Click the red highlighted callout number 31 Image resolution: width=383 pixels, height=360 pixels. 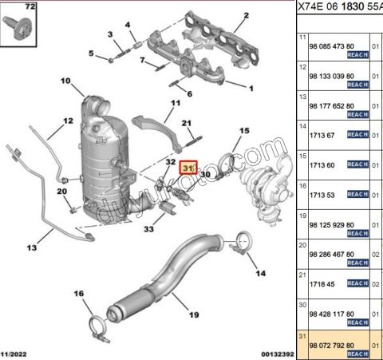pyautogui.click(x=188, y=168)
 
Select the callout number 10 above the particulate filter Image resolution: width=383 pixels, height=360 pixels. pyautogui.click(x=65, y=81)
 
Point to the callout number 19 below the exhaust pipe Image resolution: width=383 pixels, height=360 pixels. pyautogui.click(x=192, y=315)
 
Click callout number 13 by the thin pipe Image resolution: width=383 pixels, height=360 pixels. pyautogui.click(x=31, y=248)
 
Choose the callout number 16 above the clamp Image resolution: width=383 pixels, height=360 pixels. pyautogui.click(x=78, y=295)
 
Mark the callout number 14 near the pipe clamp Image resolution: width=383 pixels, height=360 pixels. pyautogui.click(x=259, y=273)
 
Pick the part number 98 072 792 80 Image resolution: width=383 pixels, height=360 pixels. pyautogui.click(x=334, y=345)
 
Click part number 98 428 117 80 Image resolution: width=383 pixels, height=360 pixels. pyautogui.click(x=334, y=315)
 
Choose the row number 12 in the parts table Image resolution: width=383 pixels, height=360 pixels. pyautogui.click(x=302, y=68)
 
